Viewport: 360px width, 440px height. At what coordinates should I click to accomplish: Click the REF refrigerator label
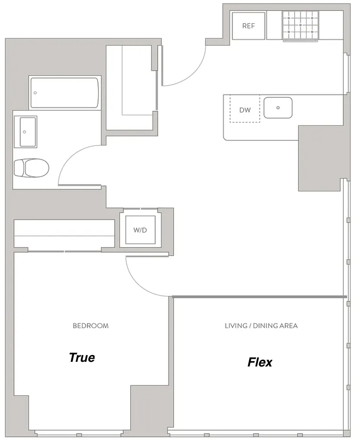tap(248, 26)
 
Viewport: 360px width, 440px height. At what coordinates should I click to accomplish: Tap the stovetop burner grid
tap(300, 25)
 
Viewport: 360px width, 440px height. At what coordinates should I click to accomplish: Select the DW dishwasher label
tap(245, 110)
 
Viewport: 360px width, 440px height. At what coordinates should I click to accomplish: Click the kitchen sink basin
tap(278, 108)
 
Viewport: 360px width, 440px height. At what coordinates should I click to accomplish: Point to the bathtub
tap(65, 93)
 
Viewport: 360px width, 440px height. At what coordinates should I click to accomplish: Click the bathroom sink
tap(28, 132)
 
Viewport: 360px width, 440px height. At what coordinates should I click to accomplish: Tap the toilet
tap(31, 168)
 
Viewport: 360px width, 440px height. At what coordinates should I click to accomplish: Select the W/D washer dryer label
tap(140, 230)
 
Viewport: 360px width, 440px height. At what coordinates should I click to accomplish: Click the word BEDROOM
tap(91, 326)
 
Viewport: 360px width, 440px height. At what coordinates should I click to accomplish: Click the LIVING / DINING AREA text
tap(261, 326)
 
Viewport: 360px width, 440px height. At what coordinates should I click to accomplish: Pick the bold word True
tap(82, 357)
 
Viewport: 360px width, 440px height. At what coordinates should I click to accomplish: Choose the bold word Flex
tap(260, 362)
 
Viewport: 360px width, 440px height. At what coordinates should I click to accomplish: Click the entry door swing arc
tap(194, 74)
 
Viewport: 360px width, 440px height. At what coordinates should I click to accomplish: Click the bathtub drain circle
tap(35, 93)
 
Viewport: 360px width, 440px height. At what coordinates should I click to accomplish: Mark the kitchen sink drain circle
tap(278, 108)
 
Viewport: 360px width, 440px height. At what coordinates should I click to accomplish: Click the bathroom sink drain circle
tap(24, 132)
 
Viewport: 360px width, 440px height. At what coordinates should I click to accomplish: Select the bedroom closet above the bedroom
tap(64, 233)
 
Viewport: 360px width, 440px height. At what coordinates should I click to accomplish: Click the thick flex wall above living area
tap(259, 296)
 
